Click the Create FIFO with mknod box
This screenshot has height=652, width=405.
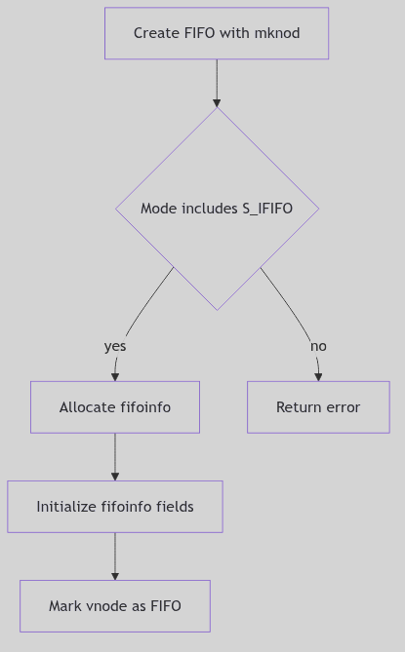click(217, 33)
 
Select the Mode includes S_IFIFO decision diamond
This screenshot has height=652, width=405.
click(217, 209)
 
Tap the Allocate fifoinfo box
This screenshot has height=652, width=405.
click(115, 407)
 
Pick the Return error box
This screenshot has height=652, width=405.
click(318, 407)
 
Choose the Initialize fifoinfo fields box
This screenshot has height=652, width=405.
click(115, 507)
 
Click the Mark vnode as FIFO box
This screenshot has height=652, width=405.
click(115, 606)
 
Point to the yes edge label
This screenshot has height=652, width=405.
click(115, 346)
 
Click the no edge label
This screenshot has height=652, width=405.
click(318, 346)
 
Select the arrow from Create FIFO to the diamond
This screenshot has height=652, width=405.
click(217, 82)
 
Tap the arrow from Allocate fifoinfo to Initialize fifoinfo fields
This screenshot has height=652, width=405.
click(115, 456)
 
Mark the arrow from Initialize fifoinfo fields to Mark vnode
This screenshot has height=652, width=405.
click(115, 556)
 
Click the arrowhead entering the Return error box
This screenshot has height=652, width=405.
click(318, 376)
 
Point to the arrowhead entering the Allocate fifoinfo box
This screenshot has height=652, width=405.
click(115, 376)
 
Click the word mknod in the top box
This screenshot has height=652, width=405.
click(276, 33)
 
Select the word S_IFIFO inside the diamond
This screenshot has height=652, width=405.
click(266, 209)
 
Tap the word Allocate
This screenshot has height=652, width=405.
click(88, 407)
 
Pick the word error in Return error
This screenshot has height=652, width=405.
click(342, 407)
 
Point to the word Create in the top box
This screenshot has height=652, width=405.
click(155, 33)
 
